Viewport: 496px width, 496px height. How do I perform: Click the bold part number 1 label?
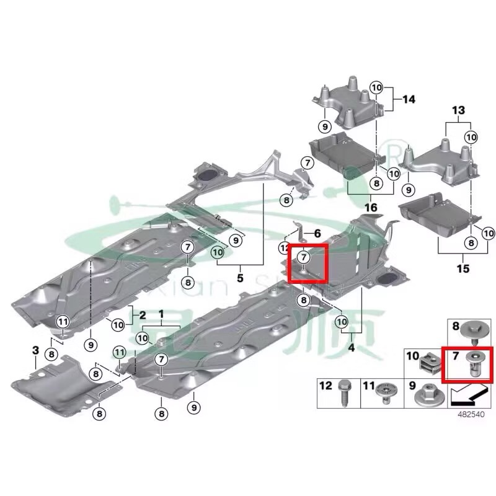point(161,314)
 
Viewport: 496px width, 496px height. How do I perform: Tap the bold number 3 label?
point(35,352)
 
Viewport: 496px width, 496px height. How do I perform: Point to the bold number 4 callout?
point(351,348)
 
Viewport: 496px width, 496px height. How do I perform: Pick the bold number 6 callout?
point(317,234)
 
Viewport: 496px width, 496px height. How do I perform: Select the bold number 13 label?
point(458,110)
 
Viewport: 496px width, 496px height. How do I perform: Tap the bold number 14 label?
point(409,99)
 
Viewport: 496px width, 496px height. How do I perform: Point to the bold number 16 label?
point(373,206)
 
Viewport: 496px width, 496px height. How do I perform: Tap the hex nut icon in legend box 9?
point(428,393)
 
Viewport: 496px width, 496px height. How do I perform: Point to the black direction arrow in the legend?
point(468,393)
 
